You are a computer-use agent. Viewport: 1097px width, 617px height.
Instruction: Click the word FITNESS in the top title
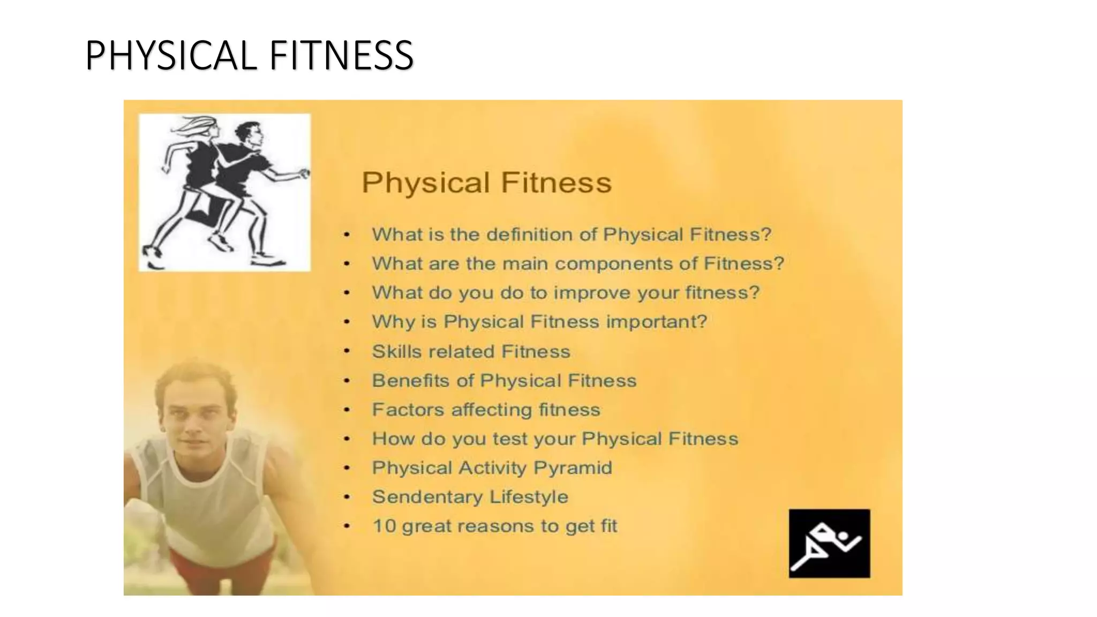[x=341, y=55]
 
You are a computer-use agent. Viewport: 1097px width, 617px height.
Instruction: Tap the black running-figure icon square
[x=829, y=543]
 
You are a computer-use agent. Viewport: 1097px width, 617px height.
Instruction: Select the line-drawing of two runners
[x=224, y=192]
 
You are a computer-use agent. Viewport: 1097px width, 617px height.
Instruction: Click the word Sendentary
[x=427, y=497]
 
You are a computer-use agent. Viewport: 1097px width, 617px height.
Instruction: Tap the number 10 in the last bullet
[x=384, y=526]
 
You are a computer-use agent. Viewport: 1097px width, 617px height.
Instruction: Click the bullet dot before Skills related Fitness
[x=347, y=351]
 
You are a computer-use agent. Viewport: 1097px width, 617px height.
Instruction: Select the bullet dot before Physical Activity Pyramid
[x=347, y=468]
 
